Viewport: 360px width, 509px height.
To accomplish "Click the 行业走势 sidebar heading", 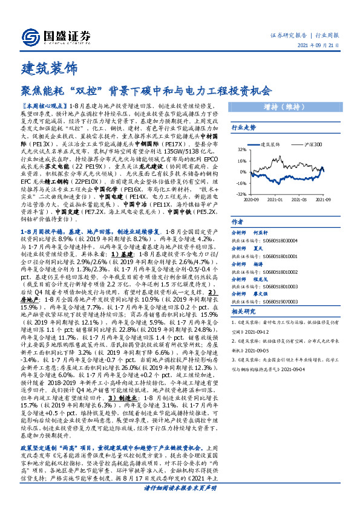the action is pos(245,128).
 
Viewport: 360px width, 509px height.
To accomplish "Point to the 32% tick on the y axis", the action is pos(240,149).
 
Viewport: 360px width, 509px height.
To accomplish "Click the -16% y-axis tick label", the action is pos(239,183).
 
